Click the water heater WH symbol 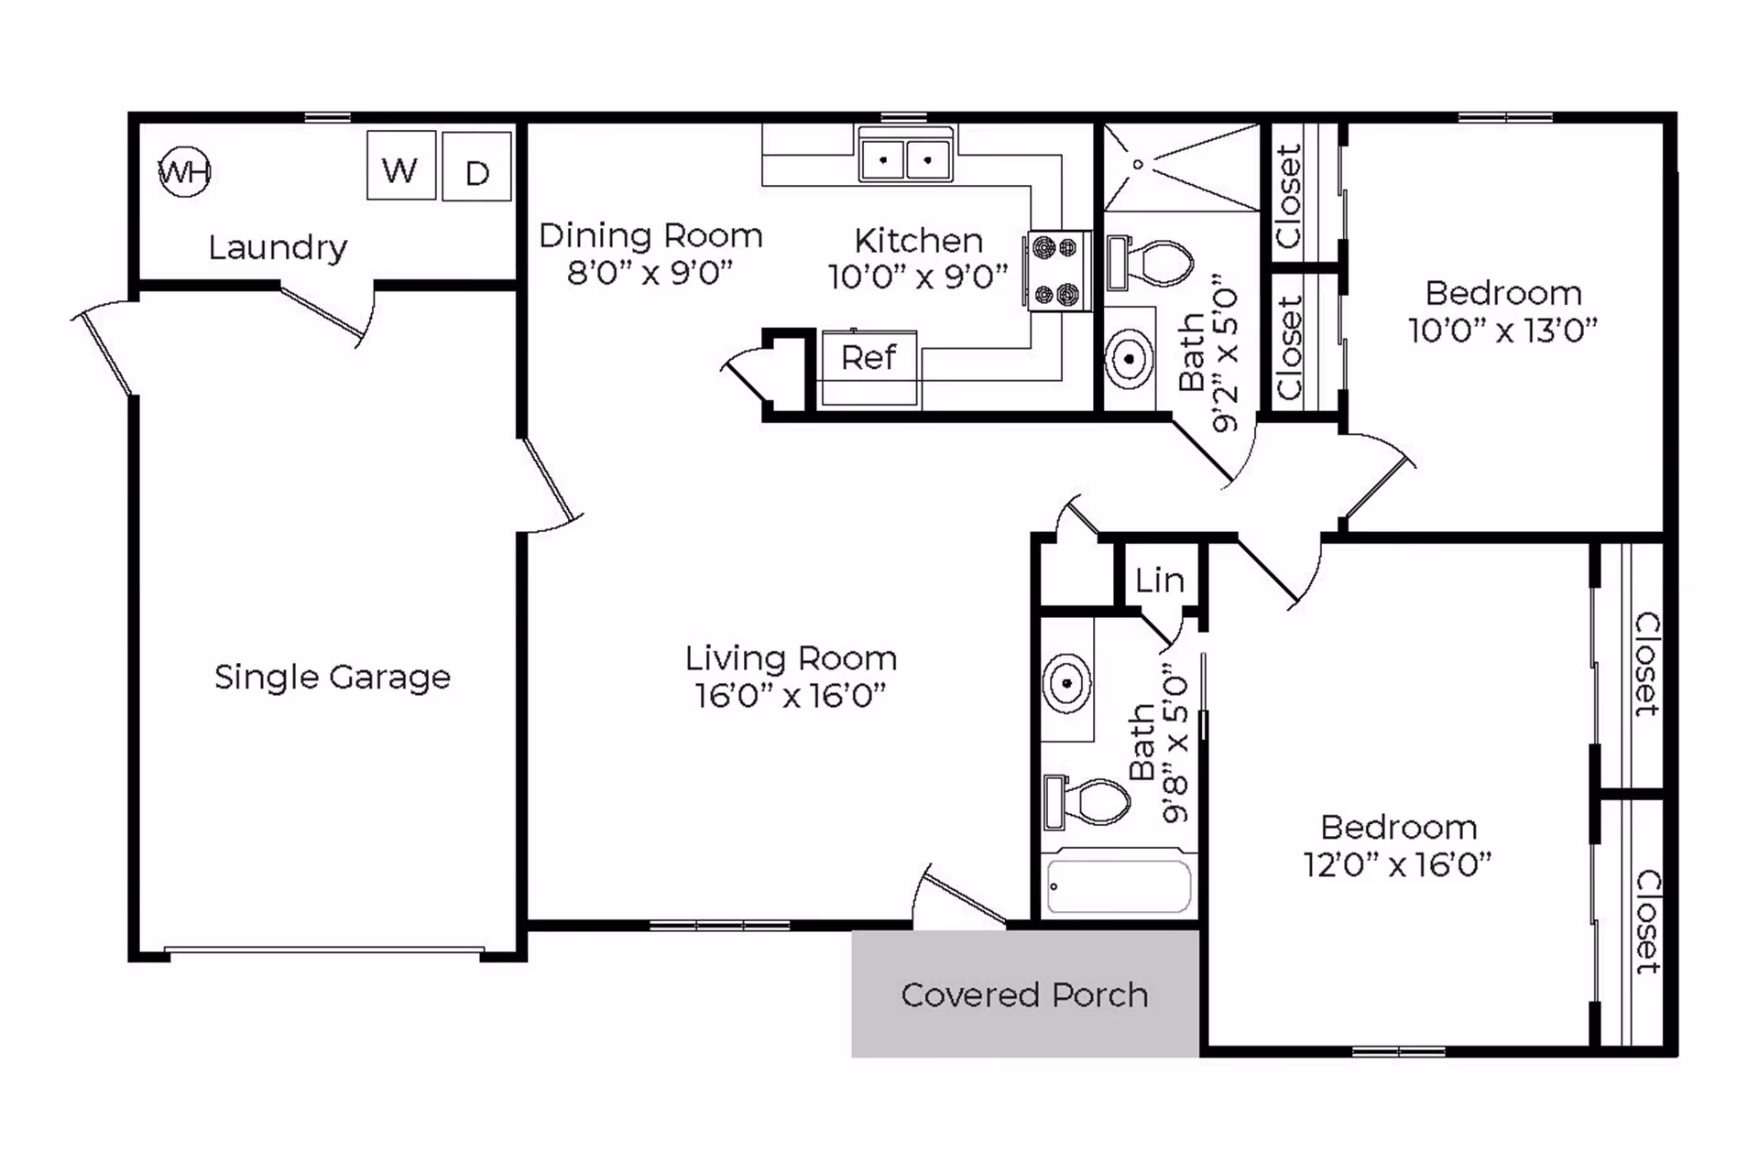click(184, 171)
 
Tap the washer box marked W click(401, 166)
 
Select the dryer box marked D click(476, 167)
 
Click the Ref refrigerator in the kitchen click(869, 367)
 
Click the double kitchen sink click(905, 155)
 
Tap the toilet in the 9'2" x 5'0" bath click(1151, 262)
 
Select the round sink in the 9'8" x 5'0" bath click(1066, 682)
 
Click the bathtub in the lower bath click(1119, 885)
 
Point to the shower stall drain click(1138, 165)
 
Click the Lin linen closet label click(1160, 581)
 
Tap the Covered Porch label click(1024, 994)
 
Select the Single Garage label click(333, 678)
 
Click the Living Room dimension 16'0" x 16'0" click(791, 695)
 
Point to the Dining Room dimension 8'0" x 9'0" click(650, 273)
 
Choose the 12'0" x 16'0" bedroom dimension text click(1398, 864)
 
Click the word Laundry click(278, 248)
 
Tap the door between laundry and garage click(327, 316)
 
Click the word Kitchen click(919, 241)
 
